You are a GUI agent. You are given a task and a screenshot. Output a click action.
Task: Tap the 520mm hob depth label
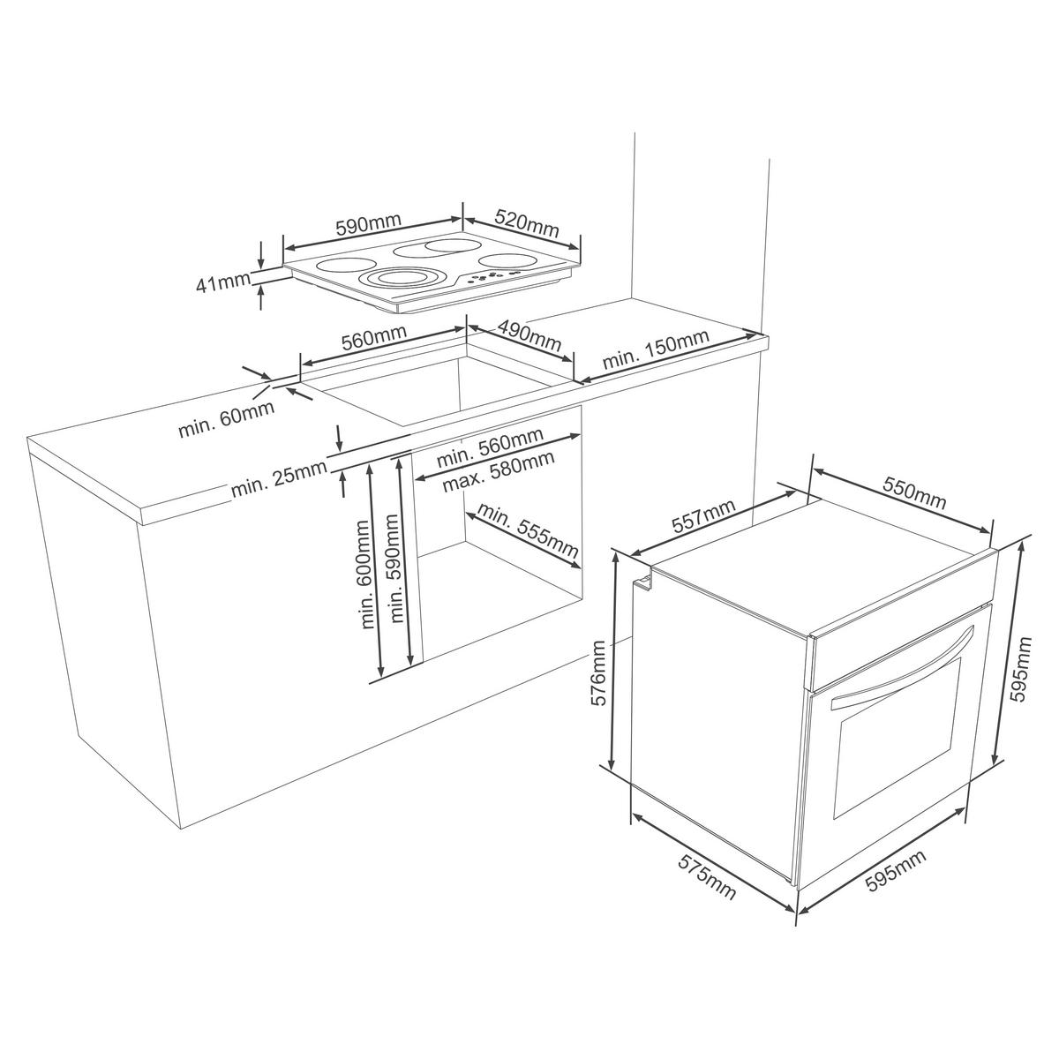point(527,222)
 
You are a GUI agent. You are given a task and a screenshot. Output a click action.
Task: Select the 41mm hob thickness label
point(222,284)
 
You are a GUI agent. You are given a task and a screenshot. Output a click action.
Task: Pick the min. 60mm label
point(226,419)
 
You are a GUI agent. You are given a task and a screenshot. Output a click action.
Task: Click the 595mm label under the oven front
point(895,875)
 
